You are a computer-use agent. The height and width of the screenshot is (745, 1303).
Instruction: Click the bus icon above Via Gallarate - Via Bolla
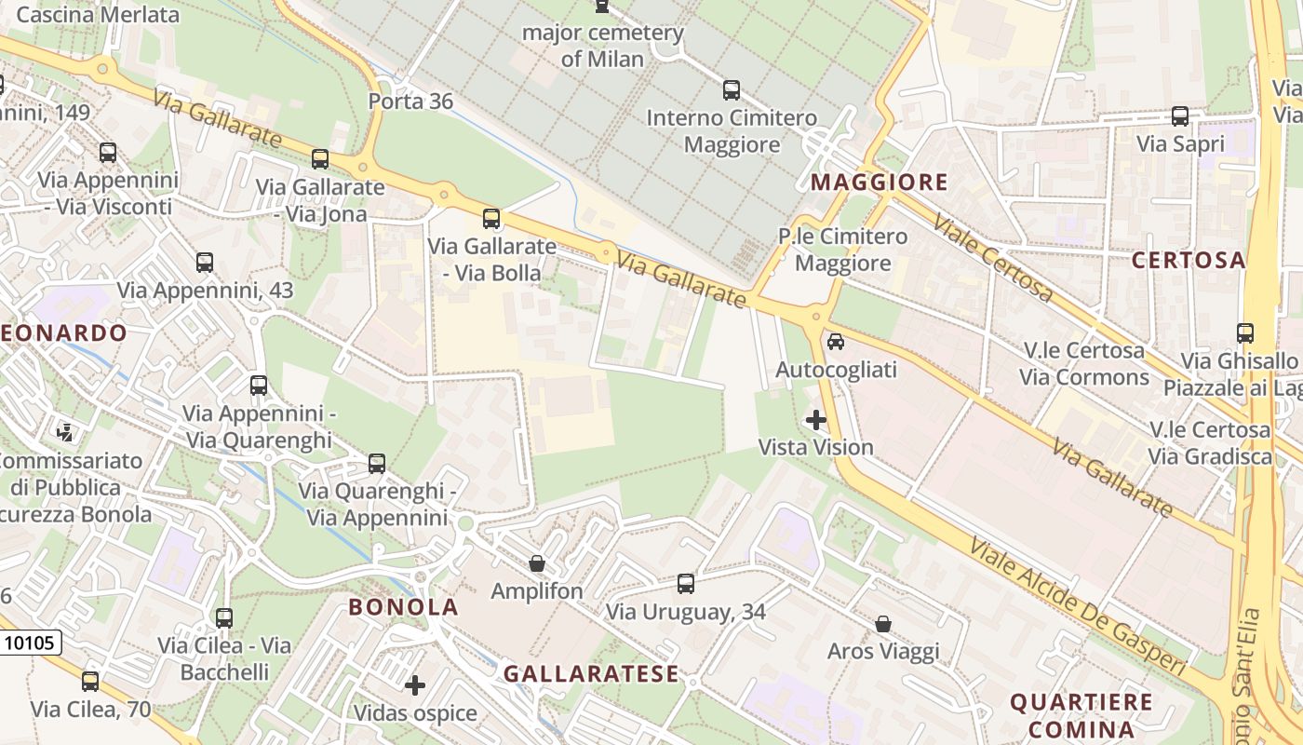[490, 219]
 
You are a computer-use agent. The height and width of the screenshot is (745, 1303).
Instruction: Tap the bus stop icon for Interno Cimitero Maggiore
[732, 90]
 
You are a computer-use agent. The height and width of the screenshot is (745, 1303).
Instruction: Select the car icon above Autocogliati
[836, 342]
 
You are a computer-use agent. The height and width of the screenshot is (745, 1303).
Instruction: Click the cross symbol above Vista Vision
[816, 420]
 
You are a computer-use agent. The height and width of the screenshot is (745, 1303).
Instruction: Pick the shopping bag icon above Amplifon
[537, 563]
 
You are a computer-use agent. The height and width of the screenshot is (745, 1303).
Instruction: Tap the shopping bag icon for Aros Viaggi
[883, 623]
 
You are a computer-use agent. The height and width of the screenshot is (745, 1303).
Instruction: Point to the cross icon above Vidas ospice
[415, 686]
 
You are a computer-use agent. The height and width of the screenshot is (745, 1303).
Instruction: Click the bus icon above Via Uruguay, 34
[686, 584]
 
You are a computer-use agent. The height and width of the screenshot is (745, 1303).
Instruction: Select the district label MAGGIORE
[879, 183]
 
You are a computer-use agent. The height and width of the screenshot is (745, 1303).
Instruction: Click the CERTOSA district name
[1189, 260]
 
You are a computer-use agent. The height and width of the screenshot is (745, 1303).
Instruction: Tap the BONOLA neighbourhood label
[404, 607]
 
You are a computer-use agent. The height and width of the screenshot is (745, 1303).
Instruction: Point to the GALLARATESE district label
[591, 673]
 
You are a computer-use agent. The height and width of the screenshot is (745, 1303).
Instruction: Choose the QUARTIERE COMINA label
[1081, 714]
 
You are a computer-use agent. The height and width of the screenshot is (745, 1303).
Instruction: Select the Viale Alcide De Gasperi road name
[1078, 606]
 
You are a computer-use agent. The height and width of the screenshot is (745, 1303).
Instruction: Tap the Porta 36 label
[410, 101]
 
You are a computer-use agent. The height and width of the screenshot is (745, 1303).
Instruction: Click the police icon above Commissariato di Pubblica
[65, 432]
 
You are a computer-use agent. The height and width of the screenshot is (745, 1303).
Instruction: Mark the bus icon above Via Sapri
[1180, 116]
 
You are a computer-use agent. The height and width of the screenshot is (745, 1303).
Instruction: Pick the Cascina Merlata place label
[98, 15]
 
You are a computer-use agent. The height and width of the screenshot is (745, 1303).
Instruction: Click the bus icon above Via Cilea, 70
[90, 681]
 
